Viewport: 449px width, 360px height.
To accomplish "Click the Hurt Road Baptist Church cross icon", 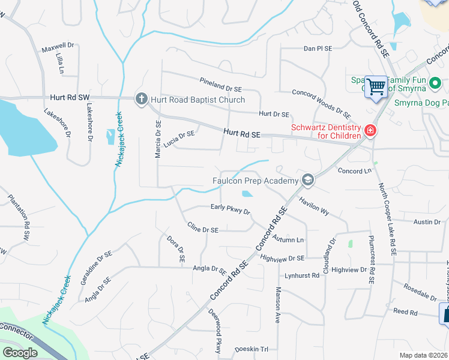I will [141, 99].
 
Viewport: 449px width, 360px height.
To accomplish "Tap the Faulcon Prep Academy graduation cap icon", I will [308, 180].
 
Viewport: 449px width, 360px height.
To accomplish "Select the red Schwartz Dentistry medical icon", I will [370, 131].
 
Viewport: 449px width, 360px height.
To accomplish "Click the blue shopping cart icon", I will [376, 87].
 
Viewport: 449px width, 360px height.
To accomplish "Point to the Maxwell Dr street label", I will [57, 45].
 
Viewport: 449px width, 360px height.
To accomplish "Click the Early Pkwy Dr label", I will [230, 209].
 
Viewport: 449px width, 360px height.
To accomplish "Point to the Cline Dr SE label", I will [202, 229].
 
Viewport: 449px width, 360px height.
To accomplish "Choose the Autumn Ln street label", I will [288, 239].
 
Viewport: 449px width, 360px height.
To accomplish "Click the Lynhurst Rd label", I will [303, 275].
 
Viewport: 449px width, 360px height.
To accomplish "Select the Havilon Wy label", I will [315, 207].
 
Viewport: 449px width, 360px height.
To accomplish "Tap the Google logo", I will [20, 353].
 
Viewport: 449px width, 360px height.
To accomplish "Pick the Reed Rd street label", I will [405, 312].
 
